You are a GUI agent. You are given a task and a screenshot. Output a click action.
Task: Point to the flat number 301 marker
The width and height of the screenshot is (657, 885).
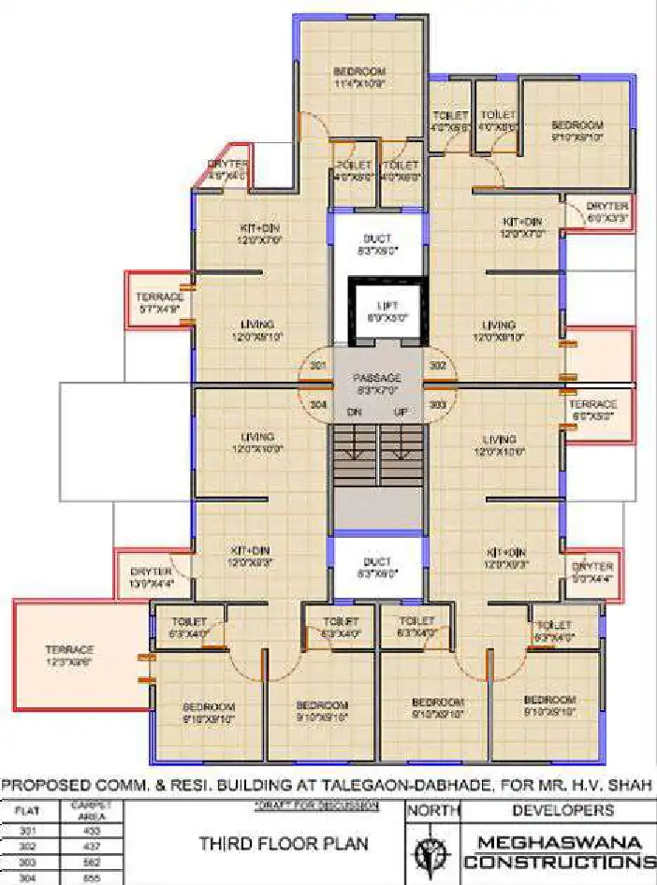pos(317,365)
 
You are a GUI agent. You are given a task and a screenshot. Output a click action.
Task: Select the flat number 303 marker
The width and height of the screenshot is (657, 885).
pos(436,404)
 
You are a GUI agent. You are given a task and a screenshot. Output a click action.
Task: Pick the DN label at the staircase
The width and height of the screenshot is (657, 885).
pos(354,411)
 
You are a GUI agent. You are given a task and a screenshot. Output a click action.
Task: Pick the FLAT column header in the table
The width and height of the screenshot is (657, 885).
pos(30,810)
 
